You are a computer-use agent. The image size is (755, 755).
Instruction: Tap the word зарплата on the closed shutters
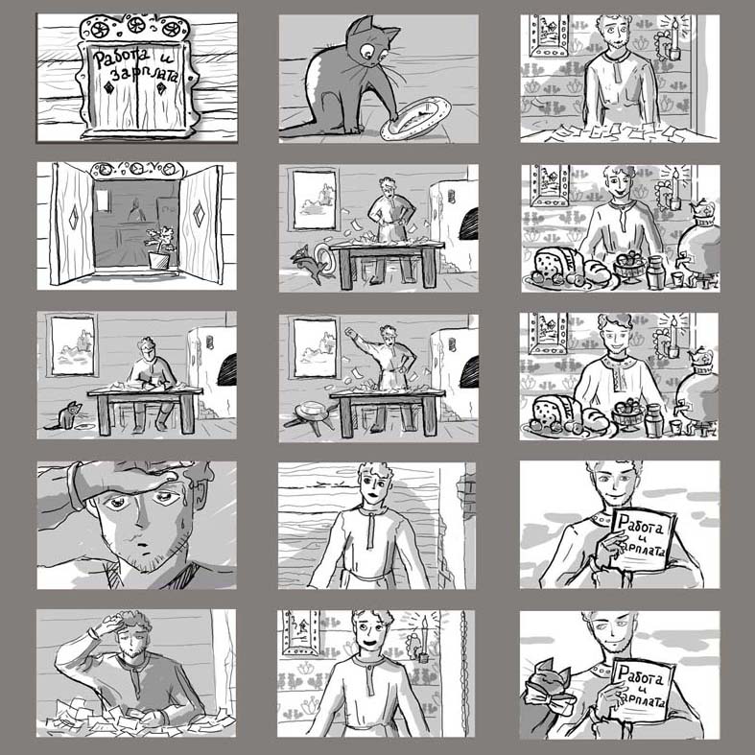145,74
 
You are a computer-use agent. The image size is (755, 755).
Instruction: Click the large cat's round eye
366,50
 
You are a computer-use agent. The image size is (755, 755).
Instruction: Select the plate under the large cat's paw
415,118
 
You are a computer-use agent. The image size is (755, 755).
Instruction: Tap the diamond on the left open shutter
74,218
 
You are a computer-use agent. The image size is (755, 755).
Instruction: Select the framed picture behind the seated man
73,345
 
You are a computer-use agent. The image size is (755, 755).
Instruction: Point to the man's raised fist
349,332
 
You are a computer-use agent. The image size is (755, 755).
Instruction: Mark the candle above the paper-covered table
675,39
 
